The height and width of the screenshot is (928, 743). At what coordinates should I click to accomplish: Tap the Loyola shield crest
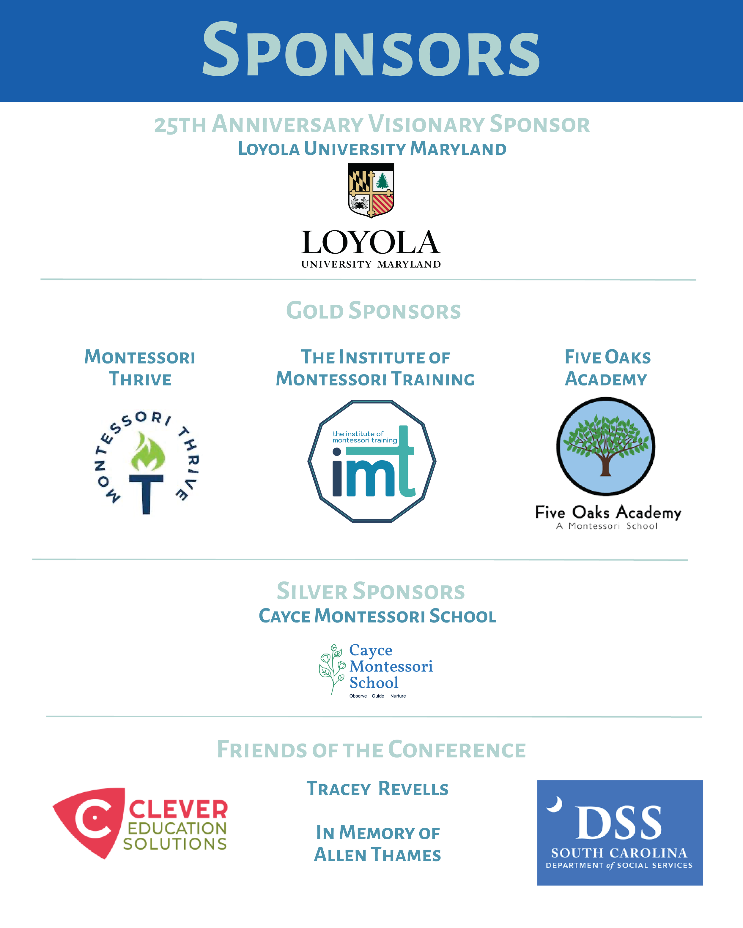click(371, 189)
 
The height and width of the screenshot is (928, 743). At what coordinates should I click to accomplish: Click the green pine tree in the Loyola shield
click(382, 181)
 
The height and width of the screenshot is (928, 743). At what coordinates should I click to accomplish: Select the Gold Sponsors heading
click(374, 311)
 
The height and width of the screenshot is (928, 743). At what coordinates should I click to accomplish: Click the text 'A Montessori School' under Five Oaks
click(607, 526)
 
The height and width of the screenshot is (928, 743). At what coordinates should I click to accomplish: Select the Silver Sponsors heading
click(371, 592)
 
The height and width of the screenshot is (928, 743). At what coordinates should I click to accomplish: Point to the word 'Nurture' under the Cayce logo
click(398, 696)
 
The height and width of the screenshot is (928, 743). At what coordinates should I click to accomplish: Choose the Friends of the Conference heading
click(371, 750)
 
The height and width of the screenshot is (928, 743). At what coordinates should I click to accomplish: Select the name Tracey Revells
click(377, 789)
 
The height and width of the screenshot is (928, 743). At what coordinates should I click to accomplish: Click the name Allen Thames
click(377, 855)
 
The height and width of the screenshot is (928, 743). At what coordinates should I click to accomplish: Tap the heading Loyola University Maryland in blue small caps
click(372, 149)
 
